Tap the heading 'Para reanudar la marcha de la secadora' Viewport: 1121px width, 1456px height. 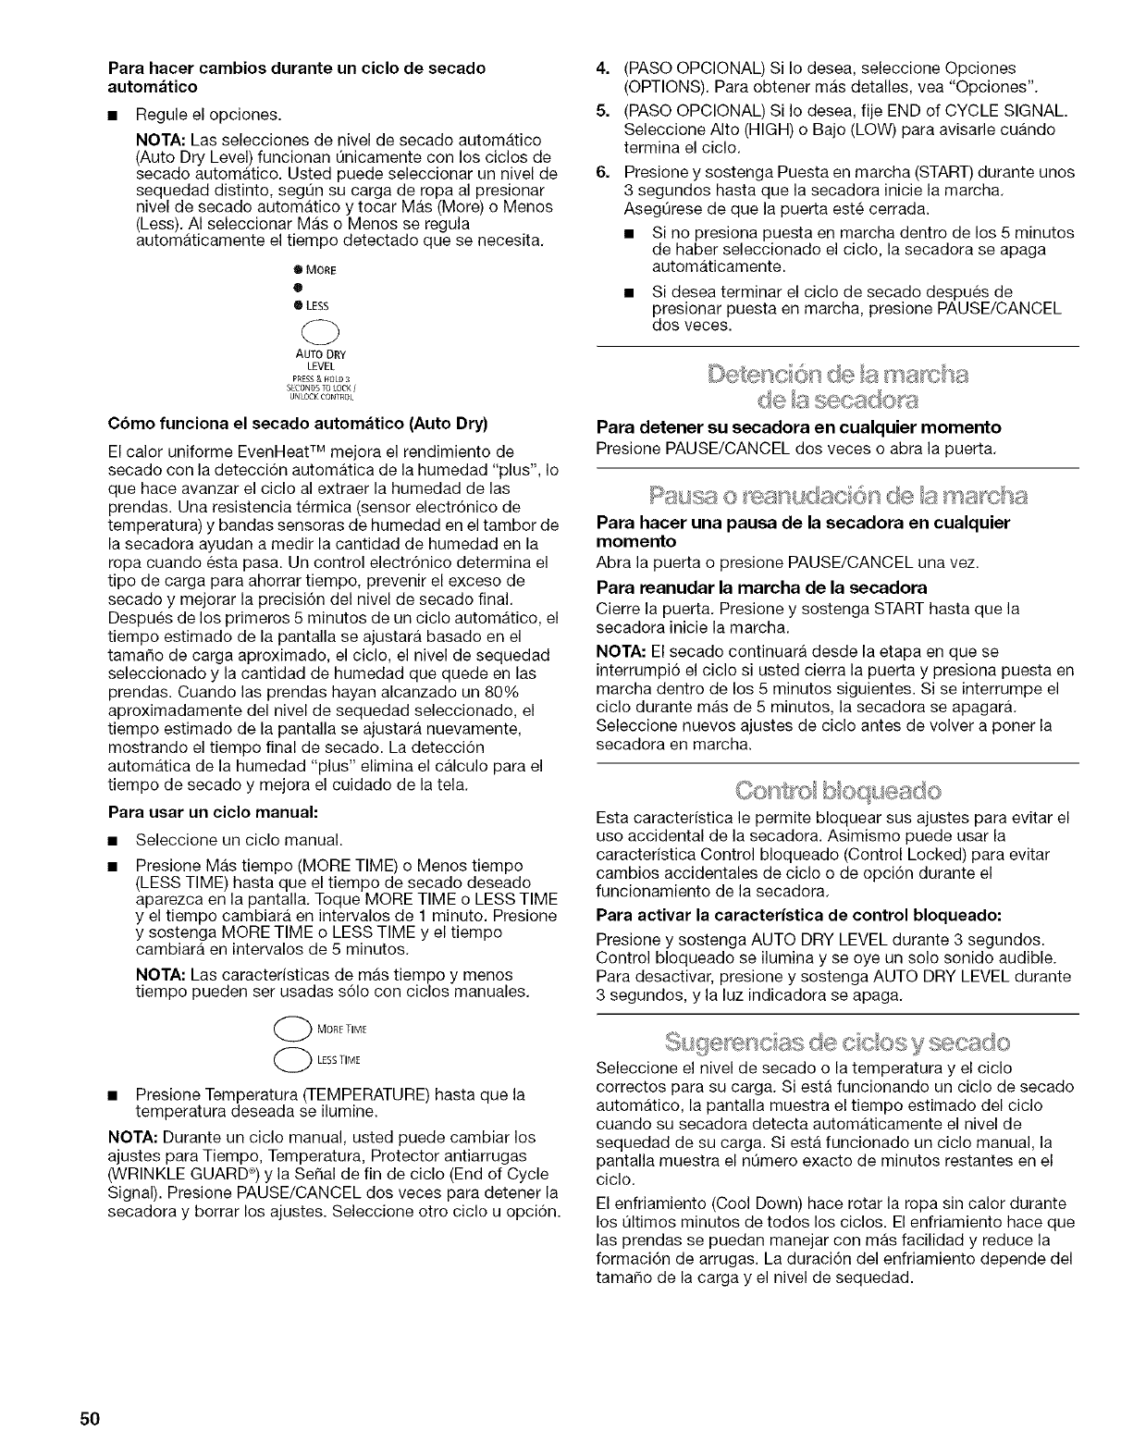pyautogui.click(x=762, y=587)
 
